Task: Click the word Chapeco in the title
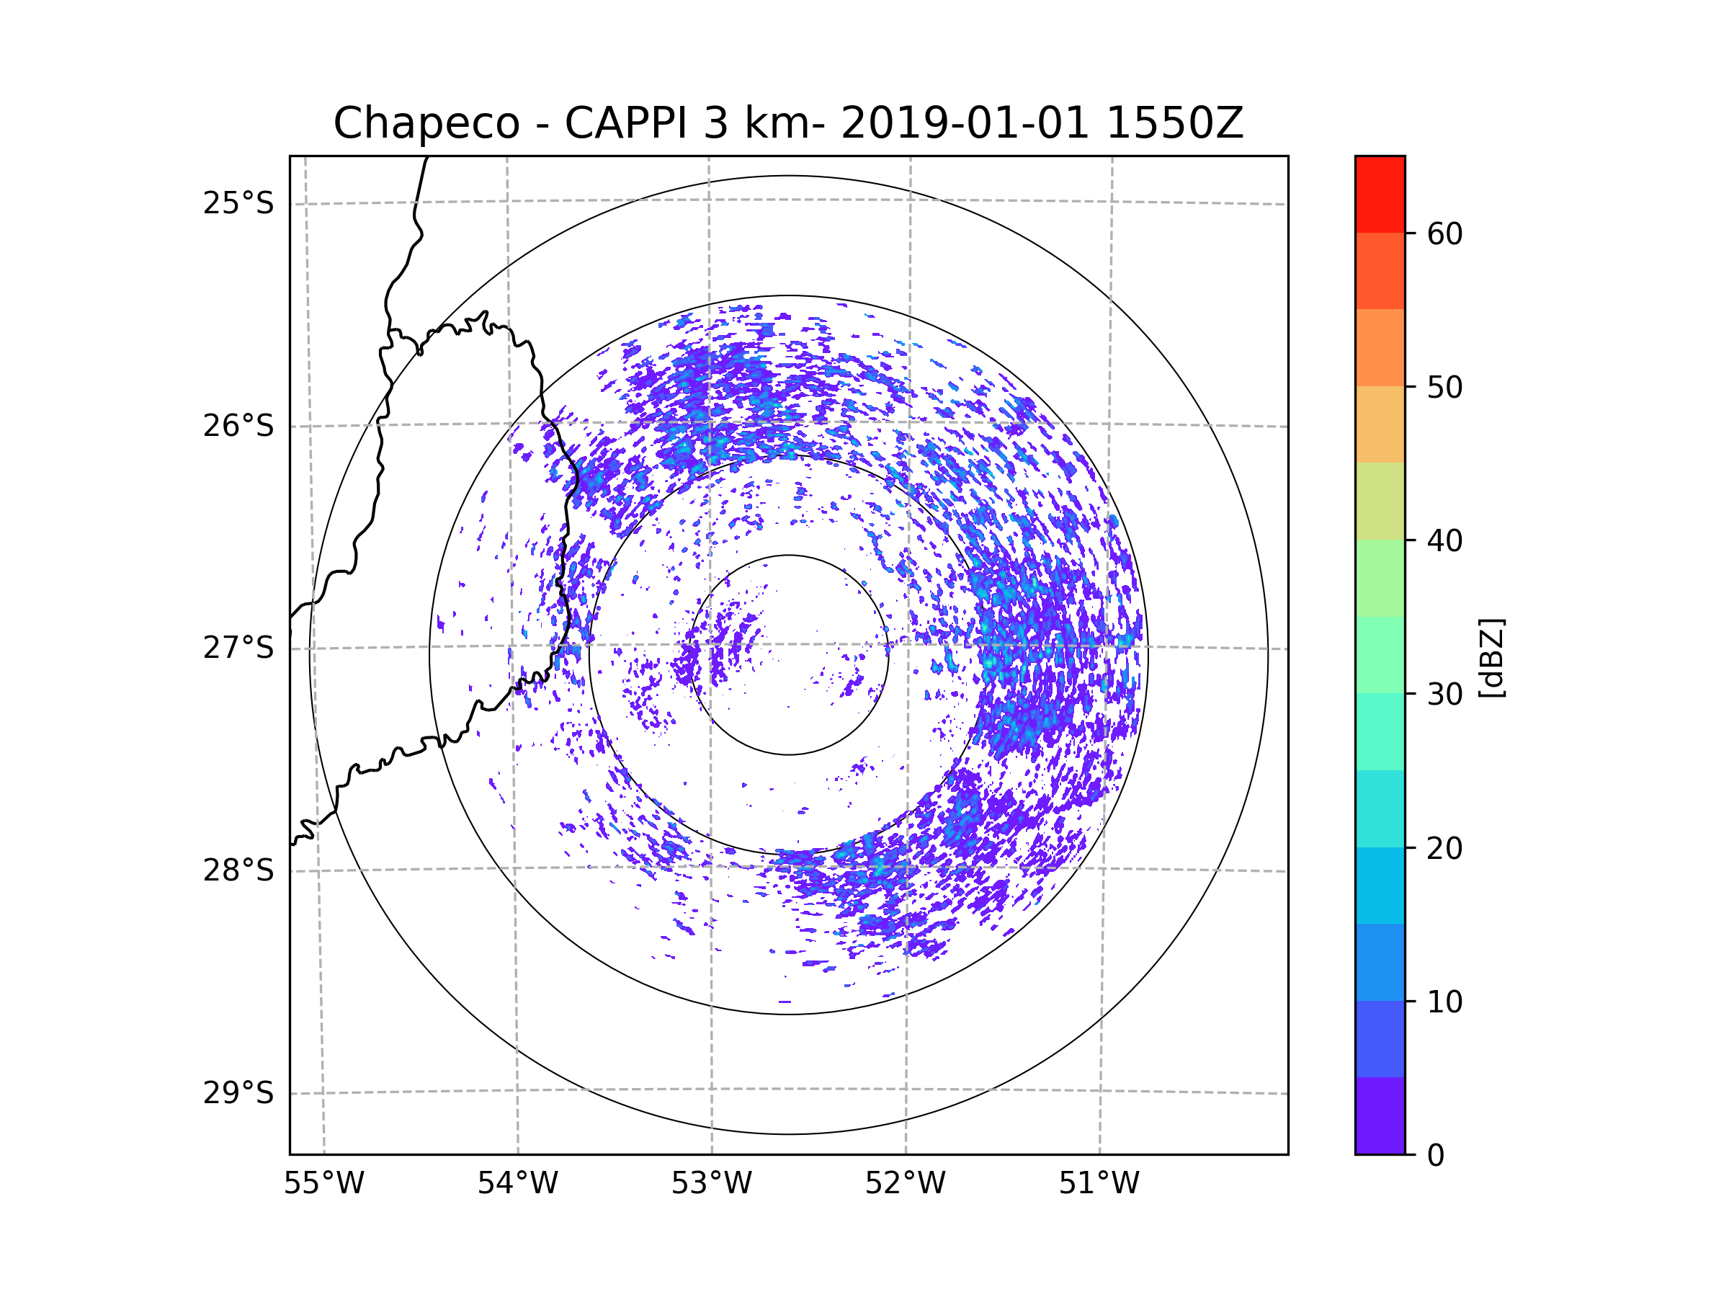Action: (426, 123)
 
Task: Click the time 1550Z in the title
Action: (1174, 123)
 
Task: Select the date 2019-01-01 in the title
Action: (965, 123)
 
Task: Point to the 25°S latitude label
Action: (238, 203)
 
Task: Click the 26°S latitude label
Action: (238, 426)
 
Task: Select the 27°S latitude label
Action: (238, 648)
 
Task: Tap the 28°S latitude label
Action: (238, 870)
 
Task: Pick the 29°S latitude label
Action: (238, 1093)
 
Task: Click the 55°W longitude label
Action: (323, 1184)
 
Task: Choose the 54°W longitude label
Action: (517, 1184)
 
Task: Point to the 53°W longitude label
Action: (711, 1184)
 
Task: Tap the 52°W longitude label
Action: (905, 1184)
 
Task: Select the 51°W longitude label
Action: (1099, 1184)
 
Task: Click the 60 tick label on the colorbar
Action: (1444, 233)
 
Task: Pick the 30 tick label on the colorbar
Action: (1444, 694)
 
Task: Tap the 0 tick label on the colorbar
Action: (1436, 1156)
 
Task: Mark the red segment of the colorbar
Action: (1380, 194)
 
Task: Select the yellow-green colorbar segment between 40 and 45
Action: (1380, 501)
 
